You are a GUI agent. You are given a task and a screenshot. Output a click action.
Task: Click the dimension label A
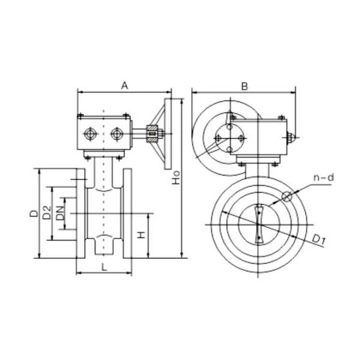tap(124, 86)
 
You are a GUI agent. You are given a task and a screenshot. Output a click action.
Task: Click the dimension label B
tap(244, 86)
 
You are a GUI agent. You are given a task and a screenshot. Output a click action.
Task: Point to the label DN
tap(61, 214)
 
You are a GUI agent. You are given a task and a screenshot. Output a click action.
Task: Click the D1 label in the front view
tap(319, 240)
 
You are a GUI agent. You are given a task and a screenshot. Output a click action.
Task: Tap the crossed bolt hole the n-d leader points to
tap(286, 196)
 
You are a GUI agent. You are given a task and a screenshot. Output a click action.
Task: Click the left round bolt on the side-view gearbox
tap(90, 133)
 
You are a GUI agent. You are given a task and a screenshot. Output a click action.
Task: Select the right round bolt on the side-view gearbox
tap(115, 133)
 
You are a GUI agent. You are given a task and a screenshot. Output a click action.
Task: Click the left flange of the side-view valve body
tap(81, 214)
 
